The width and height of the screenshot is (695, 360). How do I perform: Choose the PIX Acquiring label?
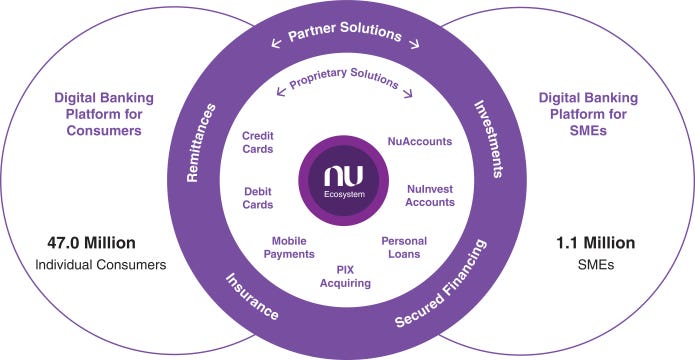[346, 276]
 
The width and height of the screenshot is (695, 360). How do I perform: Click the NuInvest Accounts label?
[431, 194]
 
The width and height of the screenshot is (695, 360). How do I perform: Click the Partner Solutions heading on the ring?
[345, 34]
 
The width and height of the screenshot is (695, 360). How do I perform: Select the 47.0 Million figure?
[91, 243]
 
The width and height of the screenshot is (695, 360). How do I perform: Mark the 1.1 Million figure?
[597, 243]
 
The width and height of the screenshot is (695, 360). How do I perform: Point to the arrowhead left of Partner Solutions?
[273, 43]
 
